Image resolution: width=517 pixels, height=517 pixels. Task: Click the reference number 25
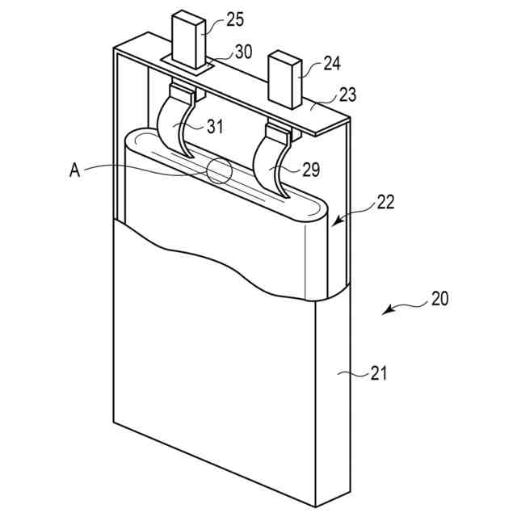[235, 19]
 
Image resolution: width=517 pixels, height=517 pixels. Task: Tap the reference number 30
[243, 52]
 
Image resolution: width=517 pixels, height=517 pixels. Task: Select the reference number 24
[332, 63]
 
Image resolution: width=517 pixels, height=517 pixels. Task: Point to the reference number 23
[348, 95]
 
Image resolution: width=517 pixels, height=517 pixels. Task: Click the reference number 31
[216, 126]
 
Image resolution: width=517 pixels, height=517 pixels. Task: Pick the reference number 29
[311, 170]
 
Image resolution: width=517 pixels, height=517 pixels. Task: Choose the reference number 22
[385, 202]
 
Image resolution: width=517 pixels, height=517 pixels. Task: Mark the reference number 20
[439, 298]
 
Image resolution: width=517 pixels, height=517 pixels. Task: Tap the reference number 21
[378, 373]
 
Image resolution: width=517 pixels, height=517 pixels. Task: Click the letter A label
[75, 170]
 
